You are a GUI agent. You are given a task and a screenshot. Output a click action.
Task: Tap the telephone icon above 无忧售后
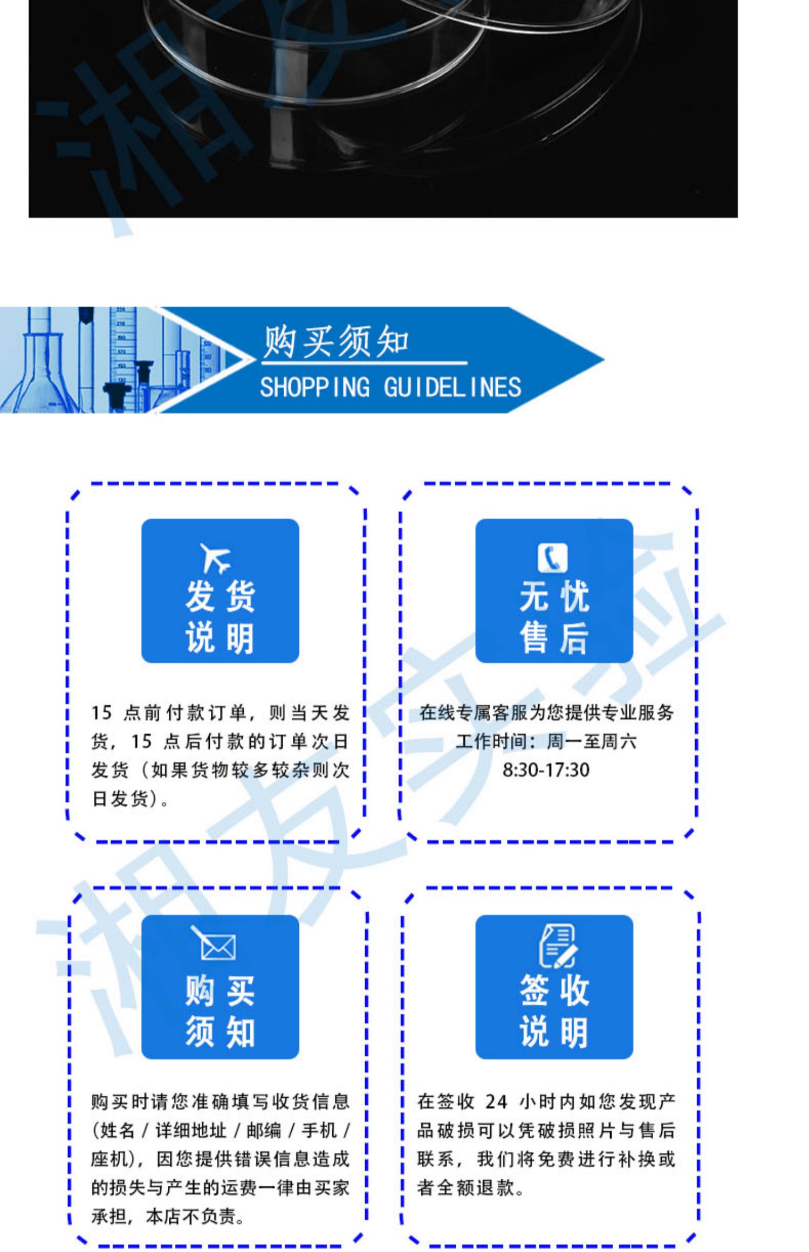pos(552,558)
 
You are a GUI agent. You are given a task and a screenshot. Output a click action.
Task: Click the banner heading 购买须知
pos(335,342)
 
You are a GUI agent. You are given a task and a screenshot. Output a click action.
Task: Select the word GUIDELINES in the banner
pos(453,387)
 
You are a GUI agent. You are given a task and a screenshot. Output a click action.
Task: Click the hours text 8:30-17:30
pos(546,769)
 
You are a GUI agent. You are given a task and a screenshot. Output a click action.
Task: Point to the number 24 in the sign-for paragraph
pos(496,1102)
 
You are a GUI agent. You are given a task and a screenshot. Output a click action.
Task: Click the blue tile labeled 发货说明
pos(220,591)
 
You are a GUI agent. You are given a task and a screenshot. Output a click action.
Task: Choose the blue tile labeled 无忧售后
pos(554,591)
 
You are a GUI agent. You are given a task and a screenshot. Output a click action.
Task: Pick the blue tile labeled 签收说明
pos(554,987)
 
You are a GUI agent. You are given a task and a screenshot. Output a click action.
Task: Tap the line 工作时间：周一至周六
pos(546,741)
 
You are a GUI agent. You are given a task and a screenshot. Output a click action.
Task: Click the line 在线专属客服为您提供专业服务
pos(546,713)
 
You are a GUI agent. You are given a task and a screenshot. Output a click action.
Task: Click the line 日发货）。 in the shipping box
pos(130,799)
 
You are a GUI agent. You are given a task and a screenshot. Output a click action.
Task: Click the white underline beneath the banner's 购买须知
pos(365,362)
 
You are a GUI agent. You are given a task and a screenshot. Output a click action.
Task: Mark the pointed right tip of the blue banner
pos(604,360)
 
